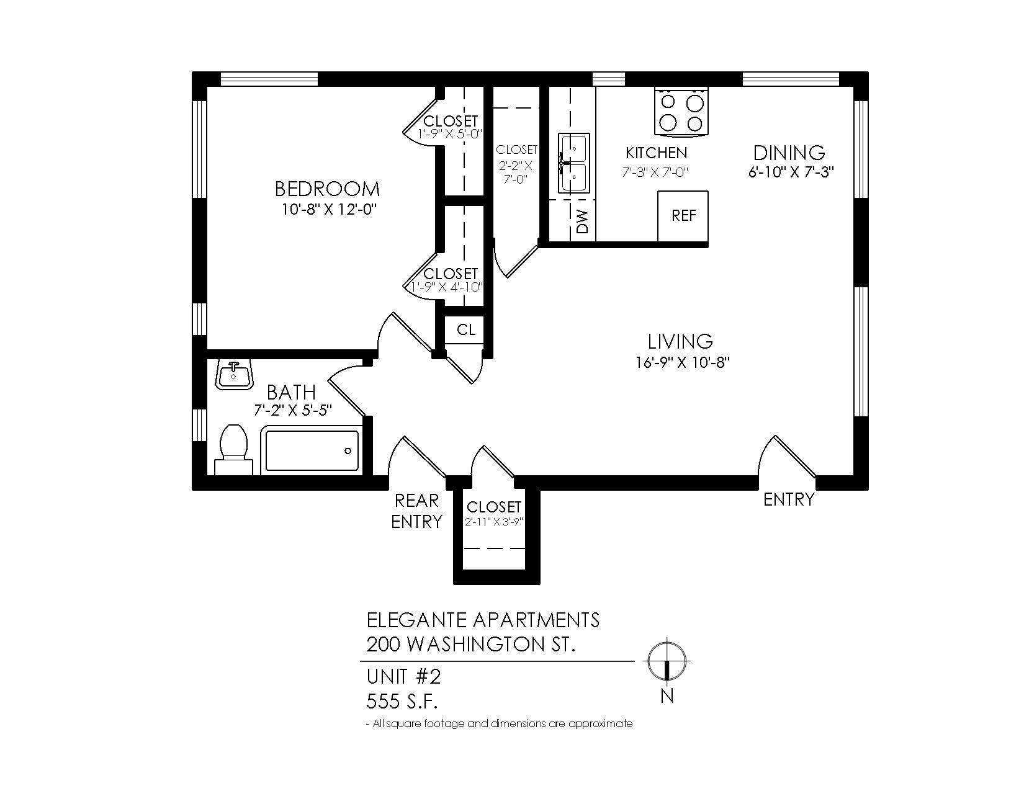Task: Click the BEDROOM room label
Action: click(327, 189)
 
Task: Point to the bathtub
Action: click(312, 449)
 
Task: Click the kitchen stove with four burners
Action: click(681, 112)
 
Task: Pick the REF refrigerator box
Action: click(683, 216)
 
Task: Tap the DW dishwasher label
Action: click(583, 221)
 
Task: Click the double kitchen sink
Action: click(573, 163)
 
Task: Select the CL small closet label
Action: click(466, 330)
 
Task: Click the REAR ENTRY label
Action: click(416, 511)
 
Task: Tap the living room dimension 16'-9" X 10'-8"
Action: click(682, 362)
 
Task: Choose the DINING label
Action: click(789, 153)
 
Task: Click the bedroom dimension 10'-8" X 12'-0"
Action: click(330, 208)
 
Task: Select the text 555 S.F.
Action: click(402, 702)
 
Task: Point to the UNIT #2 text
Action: click(403, 677)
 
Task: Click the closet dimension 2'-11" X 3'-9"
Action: click(495, 522)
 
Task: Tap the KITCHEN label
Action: click(656, 153)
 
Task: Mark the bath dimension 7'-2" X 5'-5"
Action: click(293, 410)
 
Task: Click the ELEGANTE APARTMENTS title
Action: click(483, 620)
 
